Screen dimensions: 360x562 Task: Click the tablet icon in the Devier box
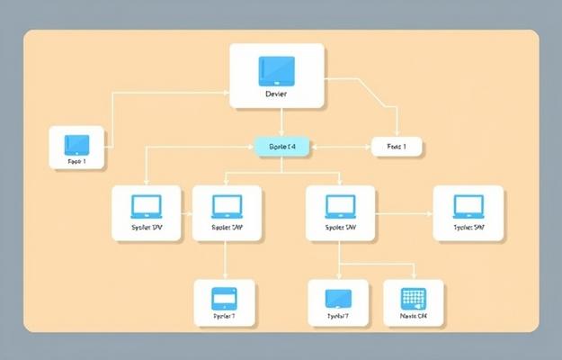pos(276,69)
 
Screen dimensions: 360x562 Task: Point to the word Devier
pos(276,94)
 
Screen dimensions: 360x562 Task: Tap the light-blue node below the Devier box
pos(282,145)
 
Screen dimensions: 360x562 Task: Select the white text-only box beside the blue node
pos(397,145)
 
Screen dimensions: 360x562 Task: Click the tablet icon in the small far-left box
pos(77,143)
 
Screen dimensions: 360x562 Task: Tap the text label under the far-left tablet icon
pos(76,162)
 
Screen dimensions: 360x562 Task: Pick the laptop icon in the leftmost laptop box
pos(146,206)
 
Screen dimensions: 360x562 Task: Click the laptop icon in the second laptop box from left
pos(227,206)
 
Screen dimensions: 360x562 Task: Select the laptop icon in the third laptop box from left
pos(339,206)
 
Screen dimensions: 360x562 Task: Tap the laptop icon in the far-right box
pos(468,206)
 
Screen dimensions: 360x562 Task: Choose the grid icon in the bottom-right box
pos(414,298)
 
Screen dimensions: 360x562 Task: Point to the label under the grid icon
pos(414,317)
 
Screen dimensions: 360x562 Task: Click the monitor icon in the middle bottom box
pos(338,298)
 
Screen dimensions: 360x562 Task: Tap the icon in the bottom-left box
pos(224,298)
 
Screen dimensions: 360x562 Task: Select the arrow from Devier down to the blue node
pos(282,122)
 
